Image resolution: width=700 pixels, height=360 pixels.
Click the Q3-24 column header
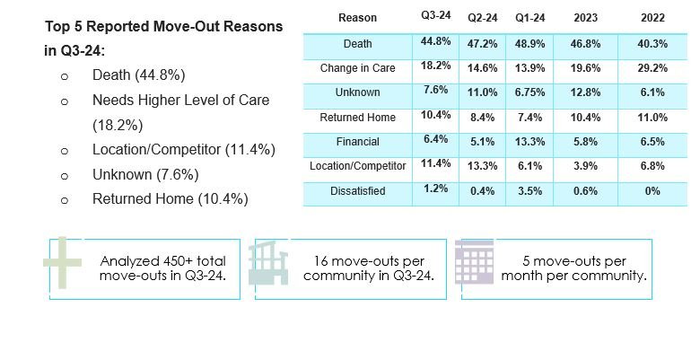435,16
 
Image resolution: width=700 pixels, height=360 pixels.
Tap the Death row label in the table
357,44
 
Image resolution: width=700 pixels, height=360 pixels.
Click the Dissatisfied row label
357,191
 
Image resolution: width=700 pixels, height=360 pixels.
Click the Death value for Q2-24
480,43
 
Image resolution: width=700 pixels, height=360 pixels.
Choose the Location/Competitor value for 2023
583,167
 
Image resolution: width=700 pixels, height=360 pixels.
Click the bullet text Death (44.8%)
151,75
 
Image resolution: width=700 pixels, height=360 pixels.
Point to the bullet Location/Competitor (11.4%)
183,149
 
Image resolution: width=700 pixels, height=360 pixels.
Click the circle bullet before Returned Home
65,200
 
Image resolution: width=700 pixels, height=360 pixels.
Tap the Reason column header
358,18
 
